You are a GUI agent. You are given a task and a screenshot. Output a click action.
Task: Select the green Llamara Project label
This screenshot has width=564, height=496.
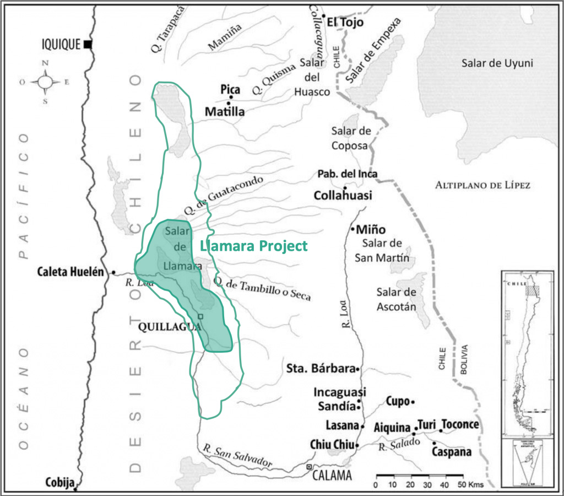click(254, 246)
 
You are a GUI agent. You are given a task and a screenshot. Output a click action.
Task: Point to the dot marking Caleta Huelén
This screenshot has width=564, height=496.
click(113, 272)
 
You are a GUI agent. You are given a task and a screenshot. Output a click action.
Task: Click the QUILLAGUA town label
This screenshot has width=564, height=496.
click(166, 327)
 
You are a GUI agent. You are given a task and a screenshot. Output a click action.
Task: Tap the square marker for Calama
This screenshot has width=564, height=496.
click(308, 467)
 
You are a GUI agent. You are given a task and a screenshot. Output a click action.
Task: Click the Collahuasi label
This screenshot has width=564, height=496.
click(343, 196)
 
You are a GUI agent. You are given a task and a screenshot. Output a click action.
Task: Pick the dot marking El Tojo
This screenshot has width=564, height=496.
click(324, 16)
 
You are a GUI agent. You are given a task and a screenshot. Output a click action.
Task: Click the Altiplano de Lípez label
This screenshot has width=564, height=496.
click(482, 185)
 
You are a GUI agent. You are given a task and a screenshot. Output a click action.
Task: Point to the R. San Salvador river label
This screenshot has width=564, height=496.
click(236, 455)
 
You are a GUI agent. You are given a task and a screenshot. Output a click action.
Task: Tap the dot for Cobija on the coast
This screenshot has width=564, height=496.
click(75, 488)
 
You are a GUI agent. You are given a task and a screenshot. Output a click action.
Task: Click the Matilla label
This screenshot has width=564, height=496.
click(224, 112)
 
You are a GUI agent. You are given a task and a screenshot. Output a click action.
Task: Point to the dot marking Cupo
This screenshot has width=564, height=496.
click(413, 402)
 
